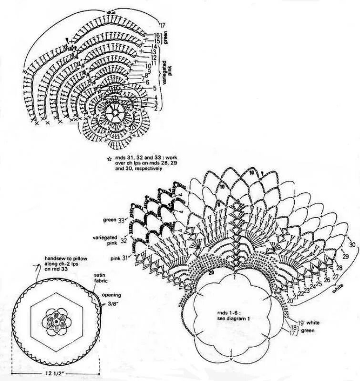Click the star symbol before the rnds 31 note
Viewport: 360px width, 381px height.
[x=109, y=157]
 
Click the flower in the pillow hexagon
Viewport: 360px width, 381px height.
[x=56, y=320]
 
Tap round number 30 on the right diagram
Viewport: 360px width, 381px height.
[x=352, y=245]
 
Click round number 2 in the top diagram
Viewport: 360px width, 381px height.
[x=155, y=109]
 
